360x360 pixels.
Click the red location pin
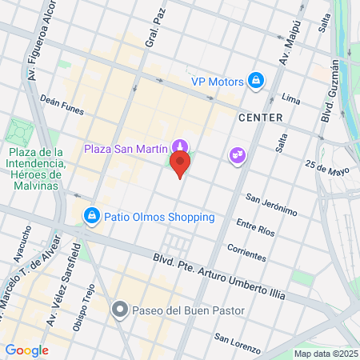[x=181, y=166]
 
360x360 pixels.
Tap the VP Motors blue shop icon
[x=256, y=81]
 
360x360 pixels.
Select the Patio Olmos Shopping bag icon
[x=93, y=216]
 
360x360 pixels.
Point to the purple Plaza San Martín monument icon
[x=181, y=147]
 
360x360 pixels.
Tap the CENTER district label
[x=260, y=118]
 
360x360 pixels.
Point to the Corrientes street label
[x=246, y=252]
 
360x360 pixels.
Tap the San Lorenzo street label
[x=237, y=343]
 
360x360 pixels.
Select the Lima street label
[x=291, y=98]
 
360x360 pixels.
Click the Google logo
[x=27, y=350]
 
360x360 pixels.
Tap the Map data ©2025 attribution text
[x=324, y=354]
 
